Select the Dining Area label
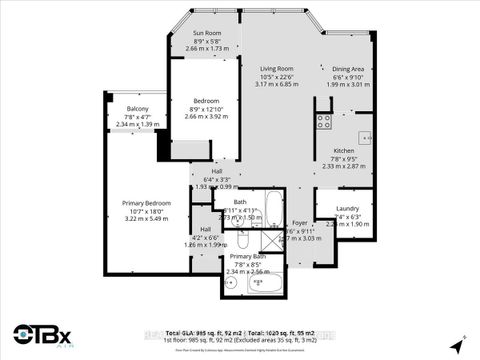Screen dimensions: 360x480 [349, 69]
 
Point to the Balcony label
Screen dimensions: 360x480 [137, 108]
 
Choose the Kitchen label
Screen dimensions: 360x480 [344, 149]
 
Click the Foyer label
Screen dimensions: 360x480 [300, 223]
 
